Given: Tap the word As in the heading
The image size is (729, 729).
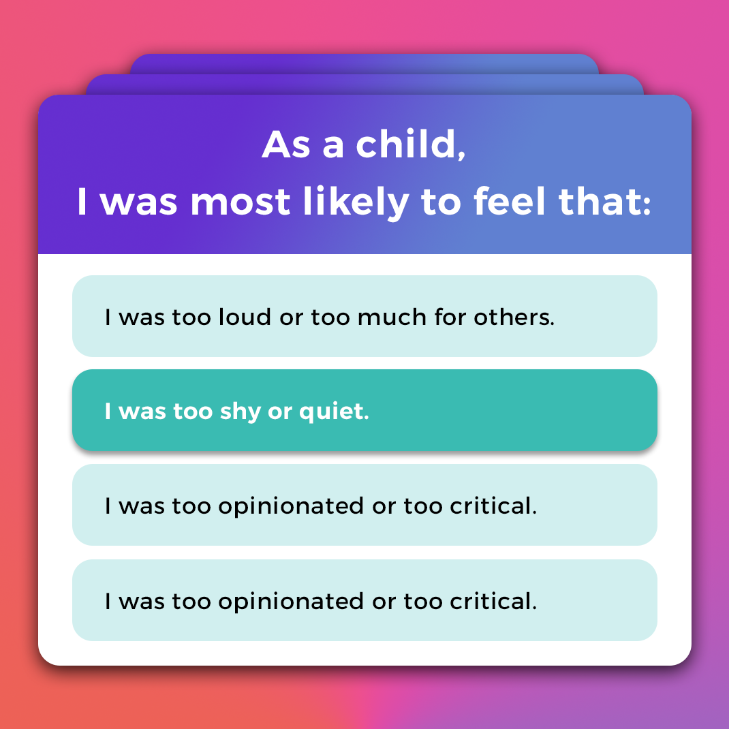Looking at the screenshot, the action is (286, 145).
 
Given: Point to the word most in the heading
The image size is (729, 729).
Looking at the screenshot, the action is (241, 203).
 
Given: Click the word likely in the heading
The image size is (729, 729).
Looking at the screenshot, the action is (356, 202).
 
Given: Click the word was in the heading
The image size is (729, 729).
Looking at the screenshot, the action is (138, 204).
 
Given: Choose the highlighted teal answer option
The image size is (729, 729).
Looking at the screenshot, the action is (364, 410).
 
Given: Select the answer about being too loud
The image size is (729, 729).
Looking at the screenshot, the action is (364, 316).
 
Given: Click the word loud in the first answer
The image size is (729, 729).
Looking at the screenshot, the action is (245, 317).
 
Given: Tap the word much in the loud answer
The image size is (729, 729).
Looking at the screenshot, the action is (392, 317).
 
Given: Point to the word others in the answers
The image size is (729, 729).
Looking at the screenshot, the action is (514, 317).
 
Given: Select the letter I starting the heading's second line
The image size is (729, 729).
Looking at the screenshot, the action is (82, 202).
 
